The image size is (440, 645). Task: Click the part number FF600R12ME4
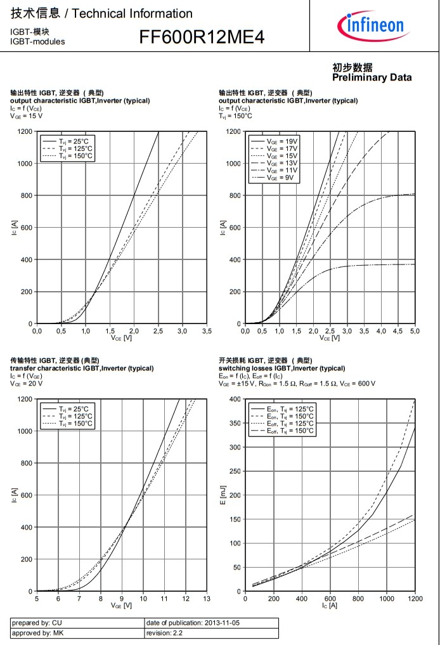pos(202,38)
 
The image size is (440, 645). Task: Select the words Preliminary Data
pos(372,77)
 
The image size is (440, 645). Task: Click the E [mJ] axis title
pos(223,494)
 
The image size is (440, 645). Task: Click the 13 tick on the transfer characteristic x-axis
pos(207,599)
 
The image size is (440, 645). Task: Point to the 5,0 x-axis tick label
pos(414,331)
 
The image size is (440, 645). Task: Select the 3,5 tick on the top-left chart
pos(207,331)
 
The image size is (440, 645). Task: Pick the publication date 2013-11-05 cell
pos(211,623)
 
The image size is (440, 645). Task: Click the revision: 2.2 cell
pos(211,633)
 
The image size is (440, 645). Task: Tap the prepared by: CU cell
pos(77,623)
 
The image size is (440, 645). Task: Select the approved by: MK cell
pos(77,633)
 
